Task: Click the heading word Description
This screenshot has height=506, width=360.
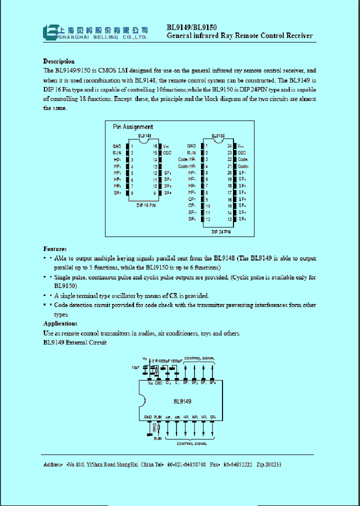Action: pos(59,61)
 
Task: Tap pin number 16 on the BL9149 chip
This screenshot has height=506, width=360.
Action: pos(155,146)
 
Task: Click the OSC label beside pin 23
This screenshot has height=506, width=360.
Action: pos(242,152)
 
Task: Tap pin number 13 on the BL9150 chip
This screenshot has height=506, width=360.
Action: pos(229,218)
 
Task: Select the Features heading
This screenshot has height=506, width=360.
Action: pos(55,248)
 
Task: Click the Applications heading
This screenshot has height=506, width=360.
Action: pos(60,323)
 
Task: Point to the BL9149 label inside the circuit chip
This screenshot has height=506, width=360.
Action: pos(182,401)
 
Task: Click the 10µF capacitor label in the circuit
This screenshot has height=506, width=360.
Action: pos(135,367)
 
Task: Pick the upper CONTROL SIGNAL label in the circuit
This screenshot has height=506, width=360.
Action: pos(199,358)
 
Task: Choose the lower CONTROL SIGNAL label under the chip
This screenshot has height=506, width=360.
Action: pos(192,443)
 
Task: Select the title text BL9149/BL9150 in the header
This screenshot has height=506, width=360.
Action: pos(191,28)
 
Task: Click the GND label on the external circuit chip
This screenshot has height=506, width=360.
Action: pos(148,417)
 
